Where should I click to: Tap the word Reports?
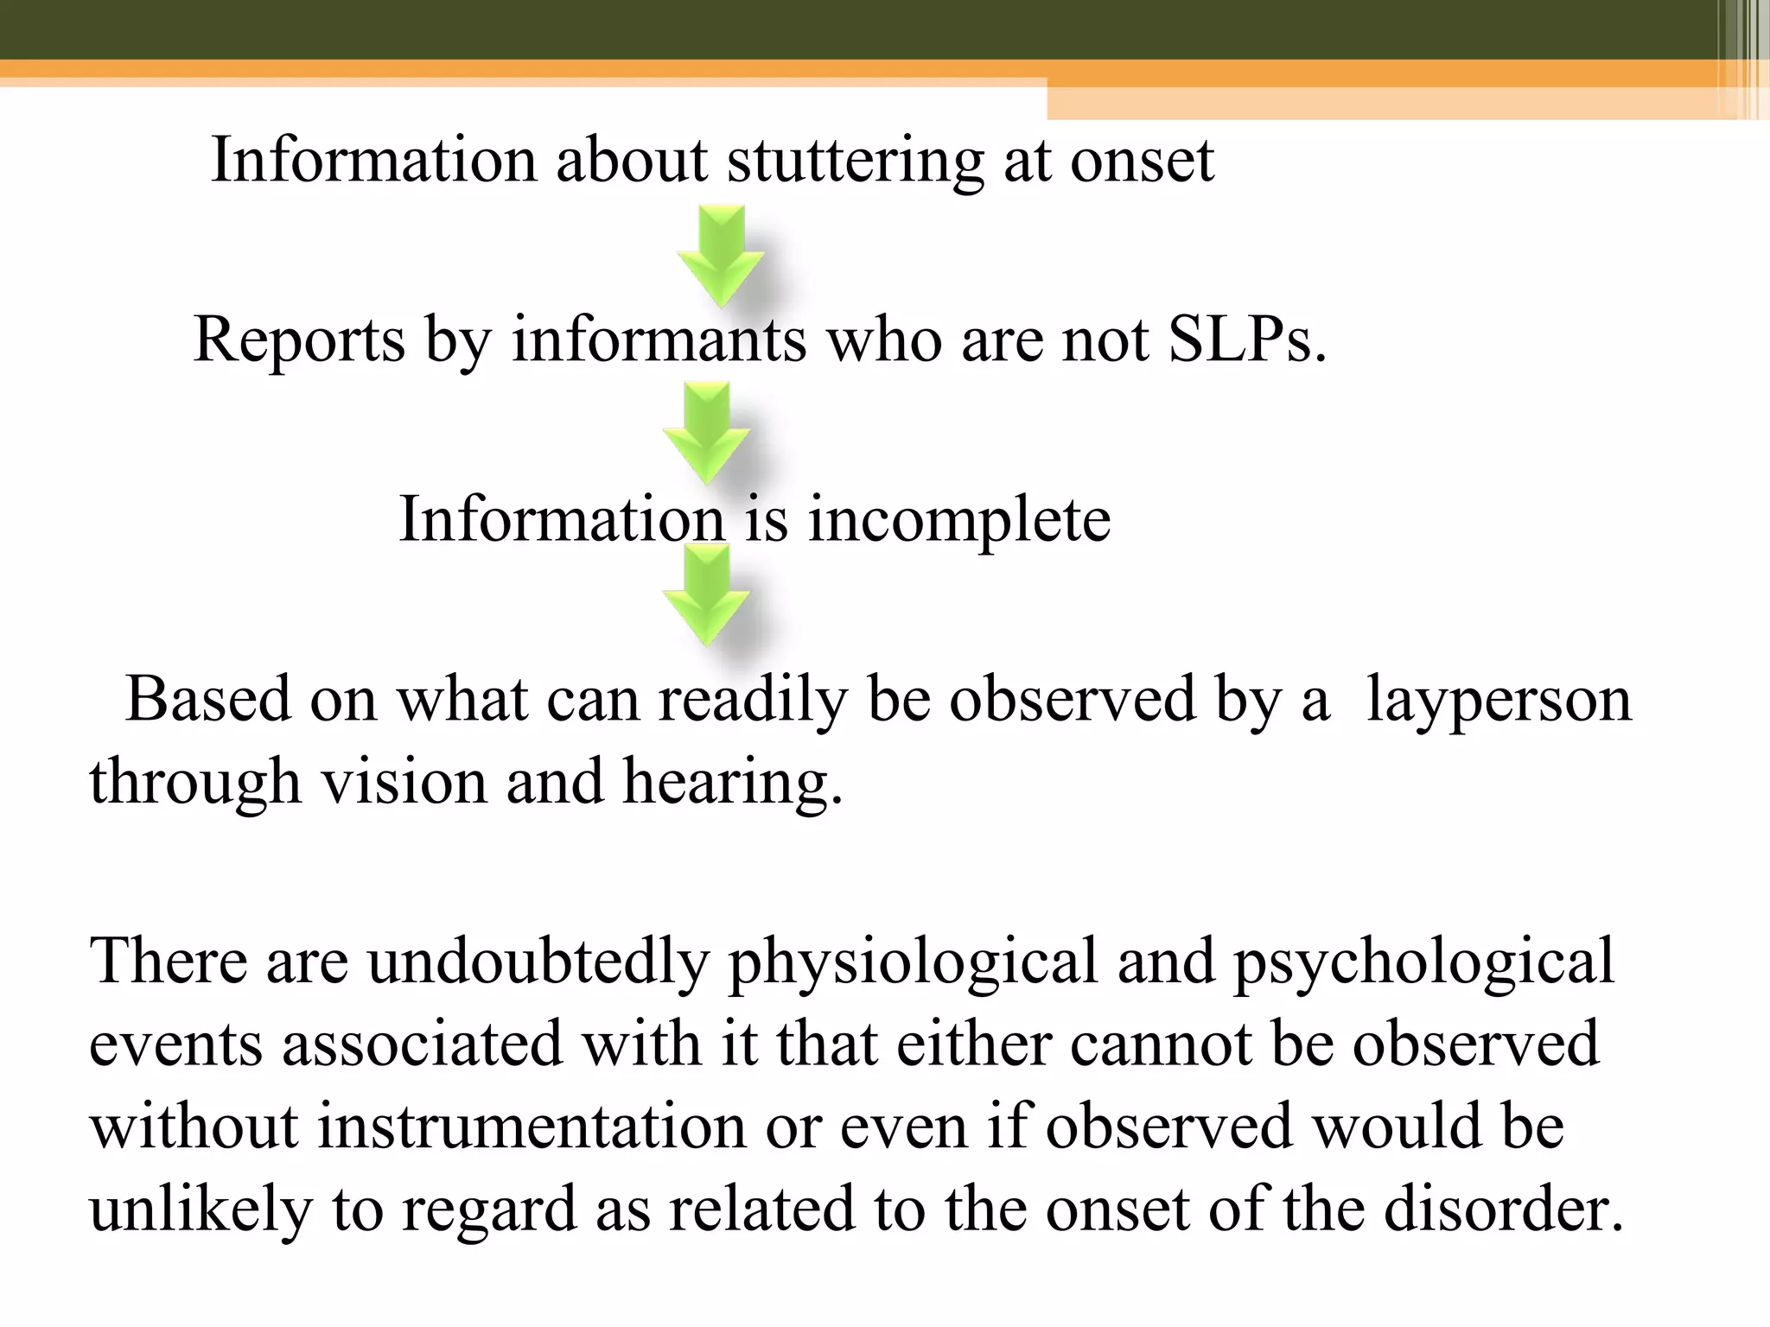299,340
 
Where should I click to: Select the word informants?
659,340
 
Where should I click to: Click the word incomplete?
959,520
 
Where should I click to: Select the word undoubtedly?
538,962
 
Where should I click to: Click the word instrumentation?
532,1127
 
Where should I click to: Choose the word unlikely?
201,1210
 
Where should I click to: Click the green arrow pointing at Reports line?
720,255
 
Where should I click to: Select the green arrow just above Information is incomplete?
706,433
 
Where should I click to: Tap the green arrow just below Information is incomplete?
706,597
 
